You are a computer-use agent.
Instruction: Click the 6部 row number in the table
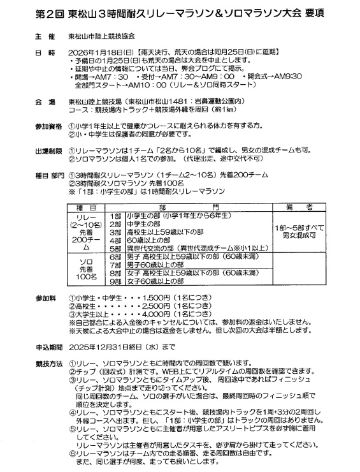point(116,256)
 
